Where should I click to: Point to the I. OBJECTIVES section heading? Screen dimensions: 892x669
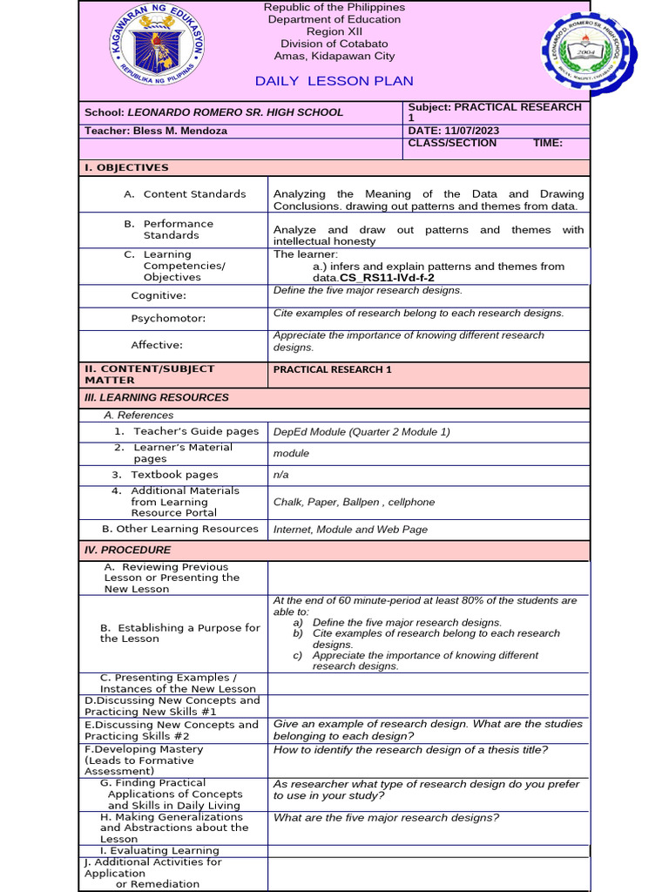pos(126,167)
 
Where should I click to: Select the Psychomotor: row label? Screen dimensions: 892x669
pos(168,319)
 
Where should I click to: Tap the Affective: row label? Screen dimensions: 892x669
pos(157,345)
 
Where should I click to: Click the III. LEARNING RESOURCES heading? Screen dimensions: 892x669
pos(156,397)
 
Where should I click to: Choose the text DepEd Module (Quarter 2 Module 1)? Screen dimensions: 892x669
pos(362,431)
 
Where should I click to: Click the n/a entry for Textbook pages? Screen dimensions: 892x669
pos(280,475)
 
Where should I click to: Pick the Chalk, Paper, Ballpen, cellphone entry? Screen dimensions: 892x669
pos(354,502)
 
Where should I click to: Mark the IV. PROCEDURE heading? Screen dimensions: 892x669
pos(127,550)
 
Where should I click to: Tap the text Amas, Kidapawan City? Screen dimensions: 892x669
pos(322,56)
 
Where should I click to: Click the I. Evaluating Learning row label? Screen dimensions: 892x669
pos(159,851)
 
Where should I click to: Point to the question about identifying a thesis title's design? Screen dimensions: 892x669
pos(410,749)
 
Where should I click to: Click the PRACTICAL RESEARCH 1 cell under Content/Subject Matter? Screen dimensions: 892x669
pos(332,369)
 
